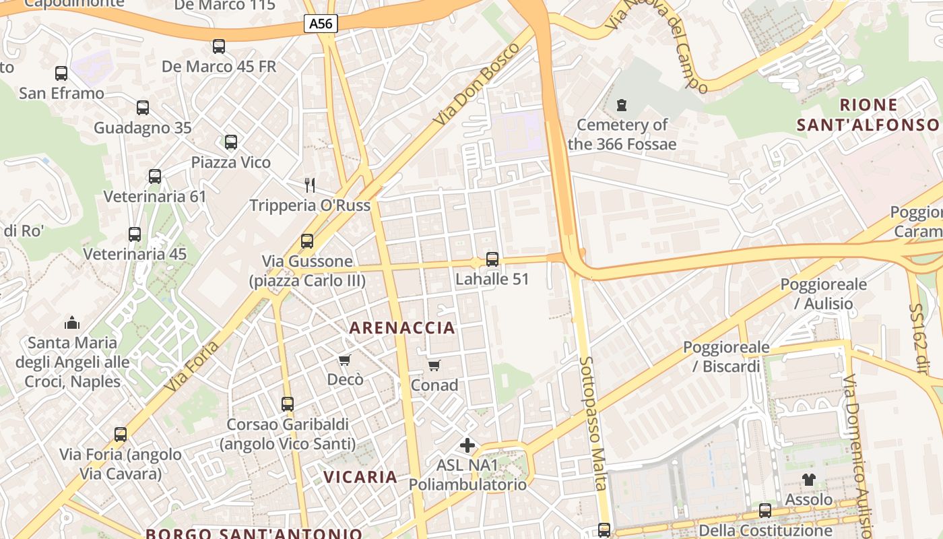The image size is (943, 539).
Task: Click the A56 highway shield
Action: click(321, 24)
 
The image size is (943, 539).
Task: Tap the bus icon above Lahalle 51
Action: click(492, 259)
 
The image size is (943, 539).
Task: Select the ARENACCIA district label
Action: click(402, 328)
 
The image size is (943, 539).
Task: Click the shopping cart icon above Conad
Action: click(434, 366)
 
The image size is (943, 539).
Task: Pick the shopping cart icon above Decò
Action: click(345, 360)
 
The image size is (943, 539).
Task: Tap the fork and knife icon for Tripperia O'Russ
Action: click(310, 185)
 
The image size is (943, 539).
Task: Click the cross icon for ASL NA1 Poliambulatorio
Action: click(467, 445)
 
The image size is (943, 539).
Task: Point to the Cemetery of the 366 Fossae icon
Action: click(622, 106)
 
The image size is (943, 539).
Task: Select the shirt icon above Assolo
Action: click(808, 480)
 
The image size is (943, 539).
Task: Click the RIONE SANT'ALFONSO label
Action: click(868, 115)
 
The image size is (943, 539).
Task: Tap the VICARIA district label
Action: click(360, 477)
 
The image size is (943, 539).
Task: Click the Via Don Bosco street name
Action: click(478, 84)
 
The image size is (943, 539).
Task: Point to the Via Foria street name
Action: click(193, 366)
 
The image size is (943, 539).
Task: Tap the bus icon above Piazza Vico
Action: click(231, 142)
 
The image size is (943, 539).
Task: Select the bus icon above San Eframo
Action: click(61, 73)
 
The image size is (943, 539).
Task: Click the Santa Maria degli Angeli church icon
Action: click(72, 323)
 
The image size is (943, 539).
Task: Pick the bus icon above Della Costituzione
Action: click(765, 511)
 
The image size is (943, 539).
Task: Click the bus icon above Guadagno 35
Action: click(143, 108)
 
